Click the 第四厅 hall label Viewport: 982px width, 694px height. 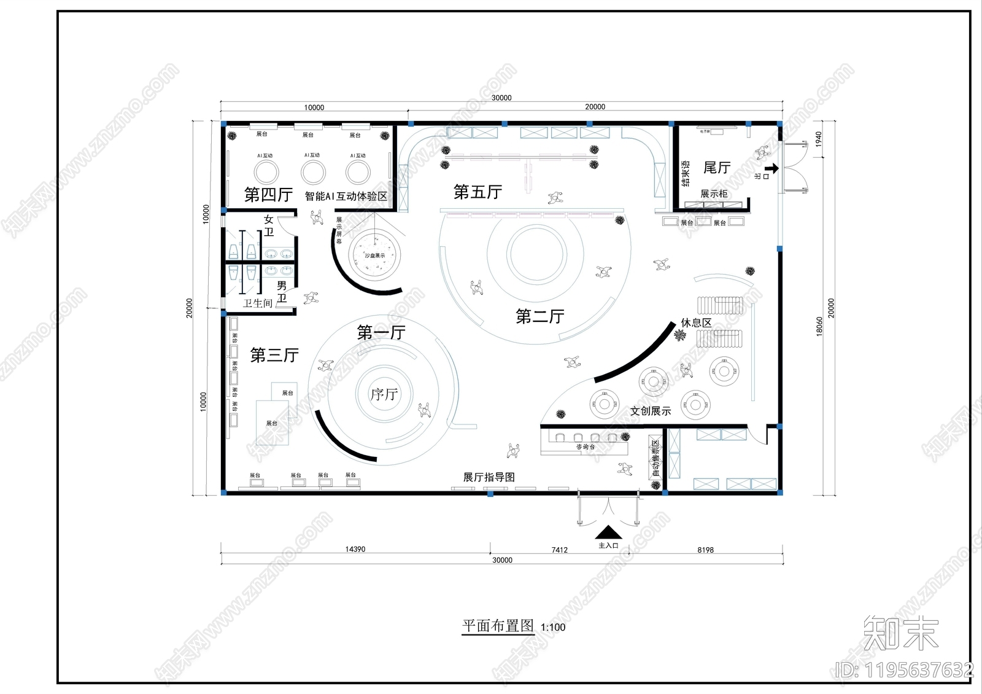[x=268, y=195]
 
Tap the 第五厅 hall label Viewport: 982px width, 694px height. [x=477, y=192]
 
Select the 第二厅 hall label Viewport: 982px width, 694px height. [x=539, y=316]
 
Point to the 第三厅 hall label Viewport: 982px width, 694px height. [x=274, y=355]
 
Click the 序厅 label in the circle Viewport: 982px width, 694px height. [x=384, y=394]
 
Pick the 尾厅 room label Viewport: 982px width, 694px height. [x=716, y=168]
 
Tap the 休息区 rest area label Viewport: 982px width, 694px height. [x=696, y=322]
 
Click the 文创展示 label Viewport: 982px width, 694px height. [x=651, y=411]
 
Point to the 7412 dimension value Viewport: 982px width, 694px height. [x=559, y=550]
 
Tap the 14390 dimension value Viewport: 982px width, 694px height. [x=355, y=549]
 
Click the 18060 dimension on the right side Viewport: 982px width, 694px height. [x=819, y=326]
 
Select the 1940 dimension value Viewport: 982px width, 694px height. [x=818, y=139]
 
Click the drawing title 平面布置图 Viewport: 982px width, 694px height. [x=498, y=626]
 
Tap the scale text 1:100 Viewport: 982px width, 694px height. [x=553, y=627]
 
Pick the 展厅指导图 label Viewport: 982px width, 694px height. [x=489, y=477]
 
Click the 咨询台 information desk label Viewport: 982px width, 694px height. [x=585, y=447]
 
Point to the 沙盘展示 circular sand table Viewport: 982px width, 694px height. [x=374, y=255]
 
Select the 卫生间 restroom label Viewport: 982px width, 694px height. [x=257, y=303]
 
